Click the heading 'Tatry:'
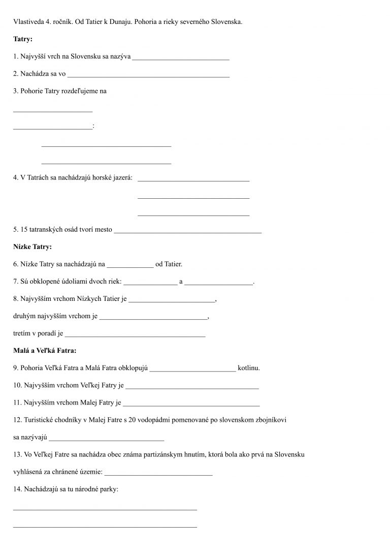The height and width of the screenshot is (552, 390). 22,39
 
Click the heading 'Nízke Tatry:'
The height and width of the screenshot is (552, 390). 32,247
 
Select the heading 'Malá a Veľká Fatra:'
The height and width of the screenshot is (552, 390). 45,351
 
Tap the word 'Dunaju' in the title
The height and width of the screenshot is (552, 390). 128,21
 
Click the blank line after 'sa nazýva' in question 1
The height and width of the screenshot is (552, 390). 180,59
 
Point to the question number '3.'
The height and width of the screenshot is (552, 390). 16,91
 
